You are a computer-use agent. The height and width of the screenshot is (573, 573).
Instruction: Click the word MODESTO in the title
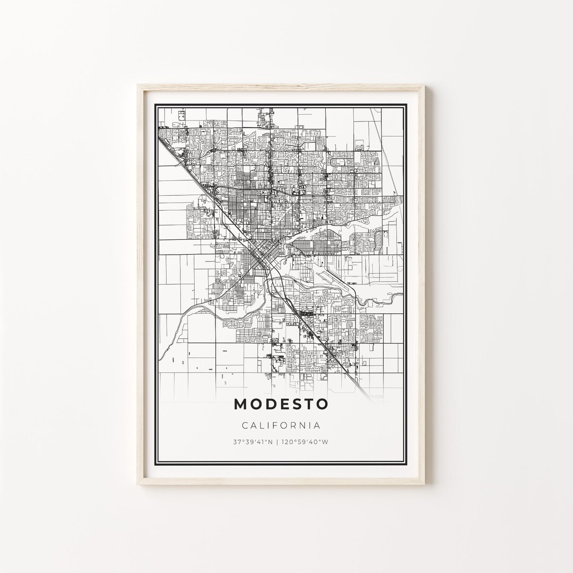coord(281,404)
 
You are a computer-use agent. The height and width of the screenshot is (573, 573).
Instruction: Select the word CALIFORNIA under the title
coord(281,425)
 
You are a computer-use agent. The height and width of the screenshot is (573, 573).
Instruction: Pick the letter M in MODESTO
coord(240,404)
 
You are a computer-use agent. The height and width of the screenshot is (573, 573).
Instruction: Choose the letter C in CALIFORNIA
coord(245,425)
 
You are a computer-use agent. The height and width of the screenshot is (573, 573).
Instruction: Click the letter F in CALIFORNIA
coord(277,425)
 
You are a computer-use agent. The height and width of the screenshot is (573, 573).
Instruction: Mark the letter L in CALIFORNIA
coord(263,425)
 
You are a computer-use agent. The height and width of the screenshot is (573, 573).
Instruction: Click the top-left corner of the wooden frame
coord(137,85)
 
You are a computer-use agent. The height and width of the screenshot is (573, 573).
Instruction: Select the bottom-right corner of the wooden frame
coord(424,483)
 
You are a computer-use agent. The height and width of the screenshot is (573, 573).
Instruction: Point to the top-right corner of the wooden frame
coord(424,85)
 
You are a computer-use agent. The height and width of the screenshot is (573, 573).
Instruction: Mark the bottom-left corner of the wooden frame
coord(137,483)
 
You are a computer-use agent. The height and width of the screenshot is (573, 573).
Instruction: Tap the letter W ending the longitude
coord(325,441)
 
